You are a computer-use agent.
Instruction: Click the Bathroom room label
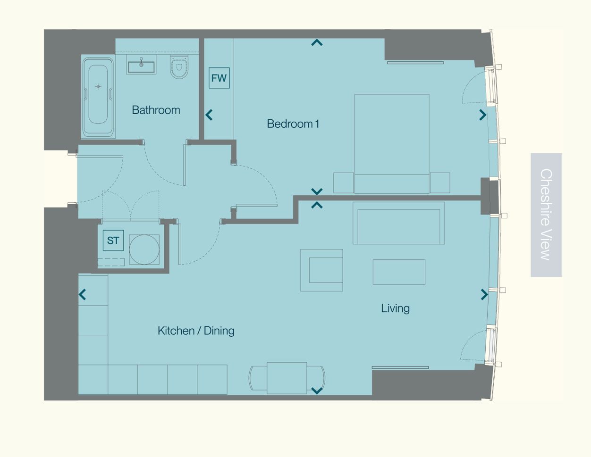click(156, 110)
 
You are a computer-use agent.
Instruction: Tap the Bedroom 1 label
click(293, 124)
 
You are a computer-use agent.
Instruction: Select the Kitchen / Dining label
click(196, 331)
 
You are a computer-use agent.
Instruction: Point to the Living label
click(395, 308)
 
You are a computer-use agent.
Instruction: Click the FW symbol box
click(219, 78)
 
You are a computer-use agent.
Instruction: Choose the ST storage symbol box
click(113, 240)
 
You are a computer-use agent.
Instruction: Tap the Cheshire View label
click(546, 215)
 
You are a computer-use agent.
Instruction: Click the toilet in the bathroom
click(179, 67)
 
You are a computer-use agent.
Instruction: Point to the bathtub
click(98, 97)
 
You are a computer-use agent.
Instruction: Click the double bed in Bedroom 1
click(392, 144)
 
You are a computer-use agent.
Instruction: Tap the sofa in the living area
click(399, 223)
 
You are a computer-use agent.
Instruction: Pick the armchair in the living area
click(321, 270)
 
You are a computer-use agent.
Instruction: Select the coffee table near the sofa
click(399, 272)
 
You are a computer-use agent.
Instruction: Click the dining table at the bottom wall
click(287, 378)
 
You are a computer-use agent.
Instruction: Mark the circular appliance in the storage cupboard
click(144, 249)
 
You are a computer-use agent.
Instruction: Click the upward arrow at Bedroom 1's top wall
click(317, 42)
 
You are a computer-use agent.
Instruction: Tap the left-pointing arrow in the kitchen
click(83, 294)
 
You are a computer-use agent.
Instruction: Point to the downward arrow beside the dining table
click(317, 391)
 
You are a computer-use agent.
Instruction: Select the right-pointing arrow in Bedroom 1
click(483, 115)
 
